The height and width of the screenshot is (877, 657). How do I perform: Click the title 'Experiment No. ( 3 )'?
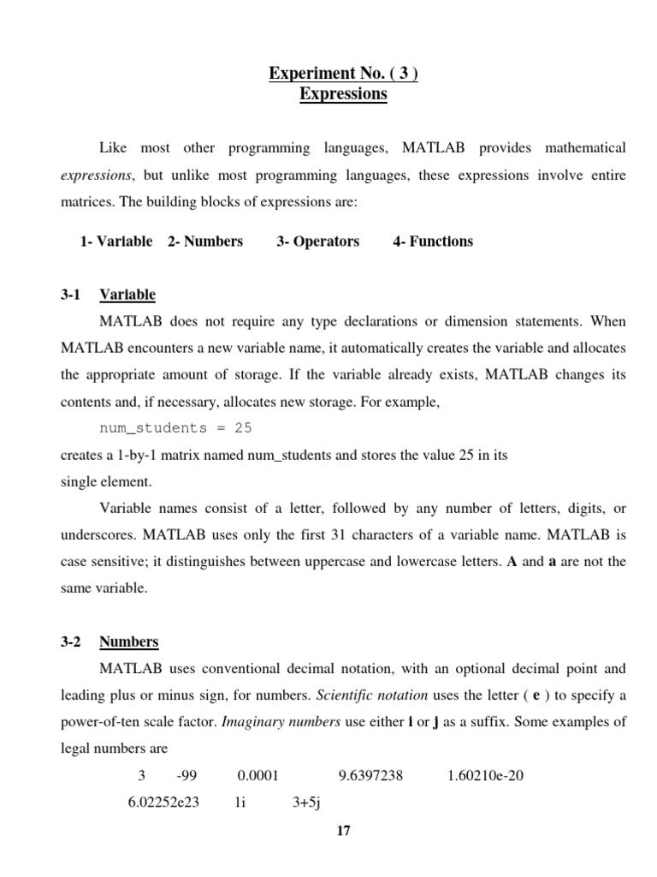(343, 74)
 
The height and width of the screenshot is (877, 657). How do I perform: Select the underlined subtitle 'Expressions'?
(343, 93)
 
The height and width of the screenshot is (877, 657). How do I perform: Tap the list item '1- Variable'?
(116, 242)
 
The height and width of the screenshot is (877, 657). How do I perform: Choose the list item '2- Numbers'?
(205, 242)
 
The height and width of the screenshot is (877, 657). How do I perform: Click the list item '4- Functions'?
(433, 242)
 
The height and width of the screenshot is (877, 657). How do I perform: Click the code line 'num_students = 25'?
(176, 427)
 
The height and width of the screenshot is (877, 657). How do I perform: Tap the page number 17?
(344, 830)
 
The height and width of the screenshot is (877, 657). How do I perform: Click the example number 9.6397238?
(370, 777)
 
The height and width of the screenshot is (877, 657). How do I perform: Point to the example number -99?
(186, 777)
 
